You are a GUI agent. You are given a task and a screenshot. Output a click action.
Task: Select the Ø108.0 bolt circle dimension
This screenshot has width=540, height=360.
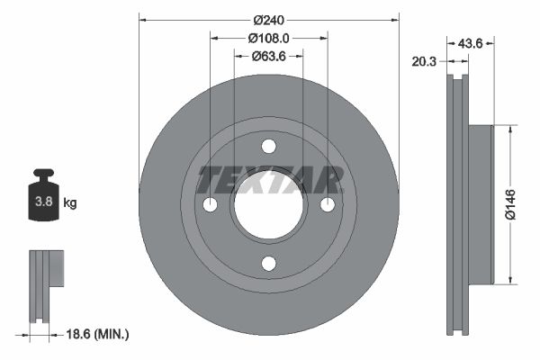268,38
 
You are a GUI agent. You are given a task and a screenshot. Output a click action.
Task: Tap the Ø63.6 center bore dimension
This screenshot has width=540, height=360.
268,56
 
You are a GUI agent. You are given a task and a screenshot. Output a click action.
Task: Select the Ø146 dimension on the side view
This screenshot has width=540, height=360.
510,203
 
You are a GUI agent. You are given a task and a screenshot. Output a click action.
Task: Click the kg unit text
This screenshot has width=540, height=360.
70,203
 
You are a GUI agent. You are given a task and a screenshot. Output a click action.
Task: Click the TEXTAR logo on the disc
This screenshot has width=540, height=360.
269,180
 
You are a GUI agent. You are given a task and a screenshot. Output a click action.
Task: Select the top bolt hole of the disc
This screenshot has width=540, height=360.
268,147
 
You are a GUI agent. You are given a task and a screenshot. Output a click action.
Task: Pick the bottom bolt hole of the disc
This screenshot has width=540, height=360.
268,263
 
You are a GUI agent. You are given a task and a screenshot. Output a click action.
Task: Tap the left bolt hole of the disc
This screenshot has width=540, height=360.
211,205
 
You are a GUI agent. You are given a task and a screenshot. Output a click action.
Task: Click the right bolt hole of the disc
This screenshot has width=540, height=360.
327,205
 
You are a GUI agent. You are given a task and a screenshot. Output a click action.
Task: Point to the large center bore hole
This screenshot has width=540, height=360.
268,205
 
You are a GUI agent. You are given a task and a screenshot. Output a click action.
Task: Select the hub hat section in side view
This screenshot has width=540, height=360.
481,203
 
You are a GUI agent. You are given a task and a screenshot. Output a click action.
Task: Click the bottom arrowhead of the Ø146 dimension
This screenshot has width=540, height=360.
510,277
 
